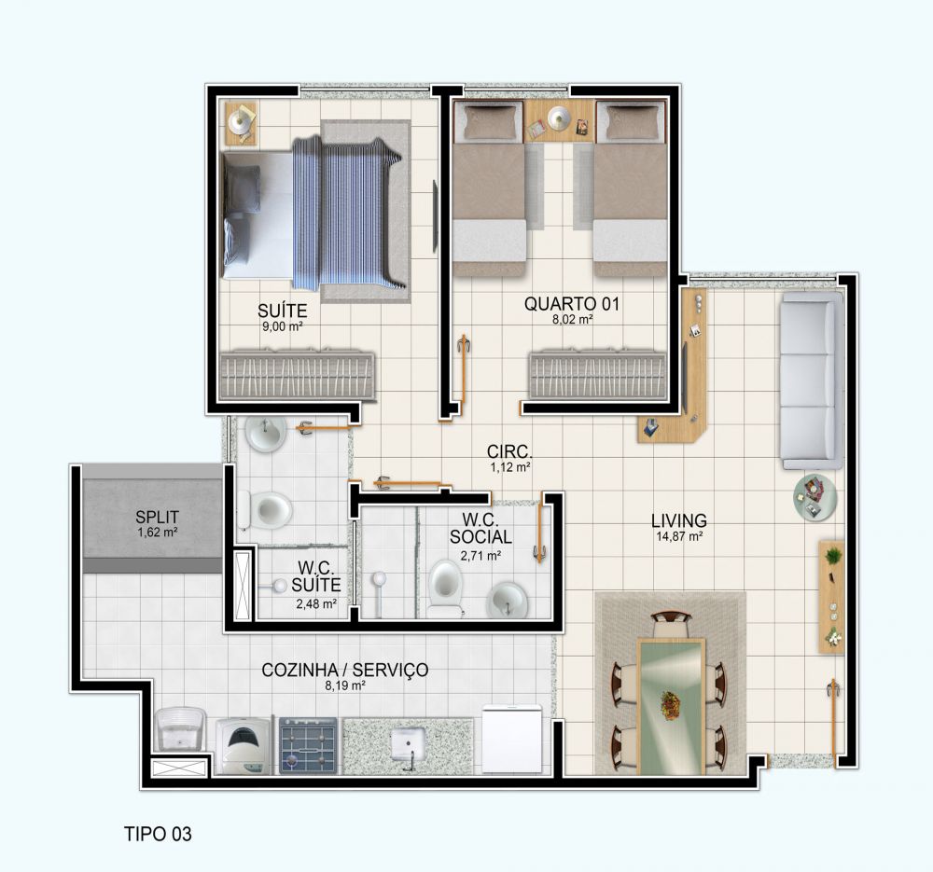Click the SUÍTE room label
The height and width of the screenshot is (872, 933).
click(x=282, y=311)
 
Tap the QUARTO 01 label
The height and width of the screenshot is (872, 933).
click(x=571, y=304)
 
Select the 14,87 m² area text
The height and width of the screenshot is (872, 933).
click(x=679, y=536)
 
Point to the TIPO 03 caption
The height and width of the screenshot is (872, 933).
click(x=158, y=834)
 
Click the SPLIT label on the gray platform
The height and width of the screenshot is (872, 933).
click(x=157, y=517)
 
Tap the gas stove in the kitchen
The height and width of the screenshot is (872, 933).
click(x=308, y=745)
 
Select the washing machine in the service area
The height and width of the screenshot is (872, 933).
click(x=244, y=746)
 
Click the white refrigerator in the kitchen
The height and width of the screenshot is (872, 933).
click(x=511, y=739)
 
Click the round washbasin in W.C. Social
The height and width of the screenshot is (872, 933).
click(x=507, y=600)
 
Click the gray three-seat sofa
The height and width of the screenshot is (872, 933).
click(x=812, y=381)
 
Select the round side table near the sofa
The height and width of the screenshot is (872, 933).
click(x=815, y=497)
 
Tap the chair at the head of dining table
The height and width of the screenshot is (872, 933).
click(x=671, y=624)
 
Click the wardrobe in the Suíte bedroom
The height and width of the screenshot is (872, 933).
click(x=297, y=375)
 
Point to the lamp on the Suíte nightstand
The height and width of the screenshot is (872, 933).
click(x=239, y=121)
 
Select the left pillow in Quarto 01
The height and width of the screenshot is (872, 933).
click(x=489, y=122)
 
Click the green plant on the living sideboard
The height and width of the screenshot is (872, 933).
click(x=833, y=556)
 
